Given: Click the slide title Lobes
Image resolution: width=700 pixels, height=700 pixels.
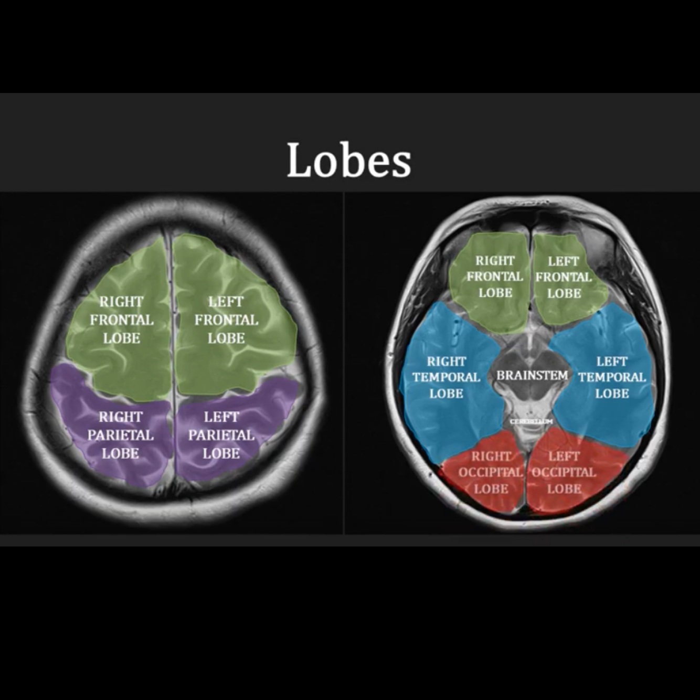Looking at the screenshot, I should pyautogui.click(x=349, y=160).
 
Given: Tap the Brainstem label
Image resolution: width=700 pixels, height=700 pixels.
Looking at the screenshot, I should pyautogui.click(x=532, y=376).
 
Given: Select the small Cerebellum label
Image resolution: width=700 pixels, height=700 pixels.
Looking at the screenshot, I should pyautogui.click(x=532, y=421).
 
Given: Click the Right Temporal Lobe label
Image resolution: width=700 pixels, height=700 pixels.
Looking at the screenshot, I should pyautogui.click(x=446, y=377).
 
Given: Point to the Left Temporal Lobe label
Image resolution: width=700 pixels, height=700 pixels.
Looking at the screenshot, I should pyautogui.click(x=612, y=377).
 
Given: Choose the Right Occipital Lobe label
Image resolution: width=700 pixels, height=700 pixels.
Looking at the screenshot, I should pyautogui.click(x=491, y=472).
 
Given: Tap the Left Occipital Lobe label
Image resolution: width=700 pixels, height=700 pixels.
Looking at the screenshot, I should pyautogui.click(x=564, y=472).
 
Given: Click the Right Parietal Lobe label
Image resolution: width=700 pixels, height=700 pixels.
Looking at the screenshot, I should pyautogui.click(x=121, y=435).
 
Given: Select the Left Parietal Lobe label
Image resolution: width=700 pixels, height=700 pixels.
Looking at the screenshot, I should pyautogui.click(x=221, y=435).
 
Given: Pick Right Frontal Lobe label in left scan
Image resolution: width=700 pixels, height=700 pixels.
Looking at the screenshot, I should pyautogui.click(x=122, y=320).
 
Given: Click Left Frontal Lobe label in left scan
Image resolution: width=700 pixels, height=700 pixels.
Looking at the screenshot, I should pyautogui.click(x=226, y=320).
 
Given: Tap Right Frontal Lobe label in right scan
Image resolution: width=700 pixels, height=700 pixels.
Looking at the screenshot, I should pyautogui.click(x=495, y=277).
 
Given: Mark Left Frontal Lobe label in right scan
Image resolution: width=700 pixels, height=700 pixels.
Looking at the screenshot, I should pyautogui.click(x=564, y=277).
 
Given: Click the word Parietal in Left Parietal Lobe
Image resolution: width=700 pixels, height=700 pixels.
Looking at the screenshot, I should pyautogui.click(x=221, y=435).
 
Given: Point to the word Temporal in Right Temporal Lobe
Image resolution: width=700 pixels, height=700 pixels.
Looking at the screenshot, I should pyautogui.click(x=446, y=377).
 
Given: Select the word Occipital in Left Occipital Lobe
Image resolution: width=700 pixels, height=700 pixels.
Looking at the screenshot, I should pyautogui.click(x=564, y=472).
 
